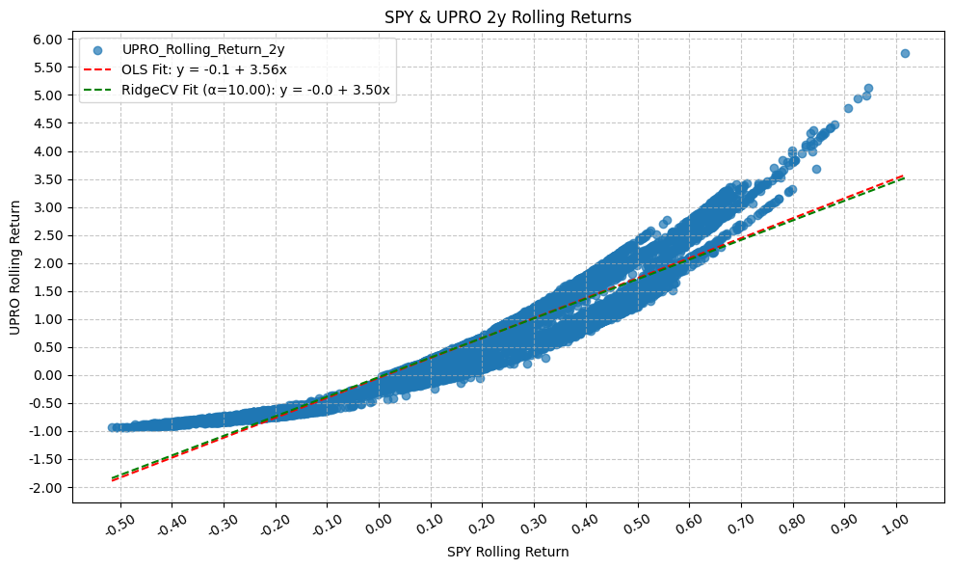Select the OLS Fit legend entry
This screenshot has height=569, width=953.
point(203,69)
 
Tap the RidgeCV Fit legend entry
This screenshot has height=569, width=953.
point(255,90)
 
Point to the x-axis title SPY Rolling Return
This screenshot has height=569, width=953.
point(508,553)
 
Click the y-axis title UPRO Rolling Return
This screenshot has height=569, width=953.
point(15,268)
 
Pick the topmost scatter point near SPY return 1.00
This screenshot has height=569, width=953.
point(905,53)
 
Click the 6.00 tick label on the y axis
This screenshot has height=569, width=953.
point(48,40)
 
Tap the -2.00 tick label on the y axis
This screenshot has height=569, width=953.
point(46,488)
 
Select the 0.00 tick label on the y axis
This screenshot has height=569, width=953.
point(48,376)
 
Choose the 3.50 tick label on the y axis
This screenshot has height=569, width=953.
point(48,179)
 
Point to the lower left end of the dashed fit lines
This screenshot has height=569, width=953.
point(113,479)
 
